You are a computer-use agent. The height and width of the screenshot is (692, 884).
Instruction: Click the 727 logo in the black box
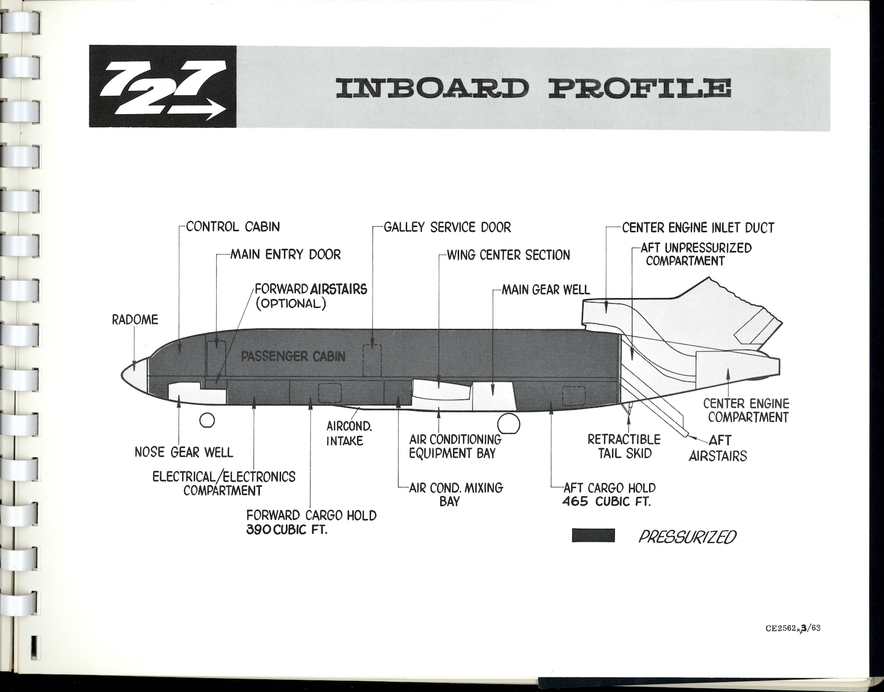(x=162, y=87)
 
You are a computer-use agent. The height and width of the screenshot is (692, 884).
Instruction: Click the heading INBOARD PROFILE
(x=532, y=88)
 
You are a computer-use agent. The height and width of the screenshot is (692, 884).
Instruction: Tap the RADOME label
(x=135, y=320)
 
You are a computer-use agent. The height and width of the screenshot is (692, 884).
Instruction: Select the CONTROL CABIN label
(x=232, y=227)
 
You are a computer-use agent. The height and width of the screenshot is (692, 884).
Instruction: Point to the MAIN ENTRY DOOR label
(x=285, y=254)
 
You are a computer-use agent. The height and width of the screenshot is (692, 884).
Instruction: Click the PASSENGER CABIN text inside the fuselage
(x=293, y=356)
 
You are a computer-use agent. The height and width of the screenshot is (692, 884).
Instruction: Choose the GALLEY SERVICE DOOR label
(x=447, y=227)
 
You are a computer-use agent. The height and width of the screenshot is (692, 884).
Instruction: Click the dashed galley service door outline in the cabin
(x=372, y=359)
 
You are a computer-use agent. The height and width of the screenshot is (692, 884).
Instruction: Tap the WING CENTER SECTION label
(x=508, y=255)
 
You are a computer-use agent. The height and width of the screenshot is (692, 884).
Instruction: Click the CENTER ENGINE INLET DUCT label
(x=697, y=228)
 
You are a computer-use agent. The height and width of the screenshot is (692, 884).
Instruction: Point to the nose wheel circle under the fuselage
(x=207, y=421)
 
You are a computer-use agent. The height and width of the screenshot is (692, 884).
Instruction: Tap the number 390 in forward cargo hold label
(x=259, y=529)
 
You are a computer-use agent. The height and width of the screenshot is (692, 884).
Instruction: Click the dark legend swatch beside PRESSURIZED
(x=593, y=536)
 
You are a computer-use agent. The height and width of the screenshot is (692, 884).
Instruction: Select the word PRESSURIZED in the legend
(x=687, y=537)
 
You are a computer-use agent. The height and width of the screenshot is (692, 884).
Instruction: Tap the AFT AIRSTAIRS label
(x=717, y=448)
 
